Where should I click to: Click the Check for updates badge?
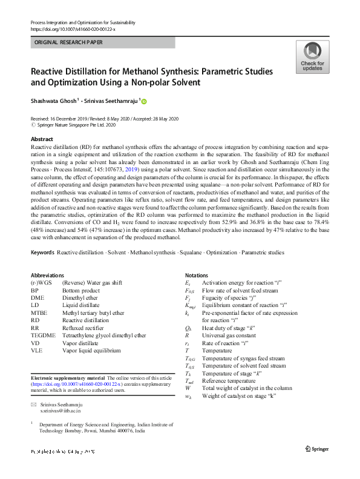click(x=312, y=58)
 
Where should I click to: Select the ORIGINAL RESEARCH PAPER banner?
click(x=103, y=42)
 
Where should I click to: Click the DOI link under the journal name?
click(x=73, y=29)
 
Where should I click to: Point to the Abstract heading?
click(x=42, y=139)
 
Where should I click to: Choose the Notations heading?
click(x=197, y=275)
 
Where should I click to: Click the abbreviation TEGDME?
click(x=42, y=335)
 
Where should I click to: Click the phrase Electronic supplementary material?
click(x=68, y=378)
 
